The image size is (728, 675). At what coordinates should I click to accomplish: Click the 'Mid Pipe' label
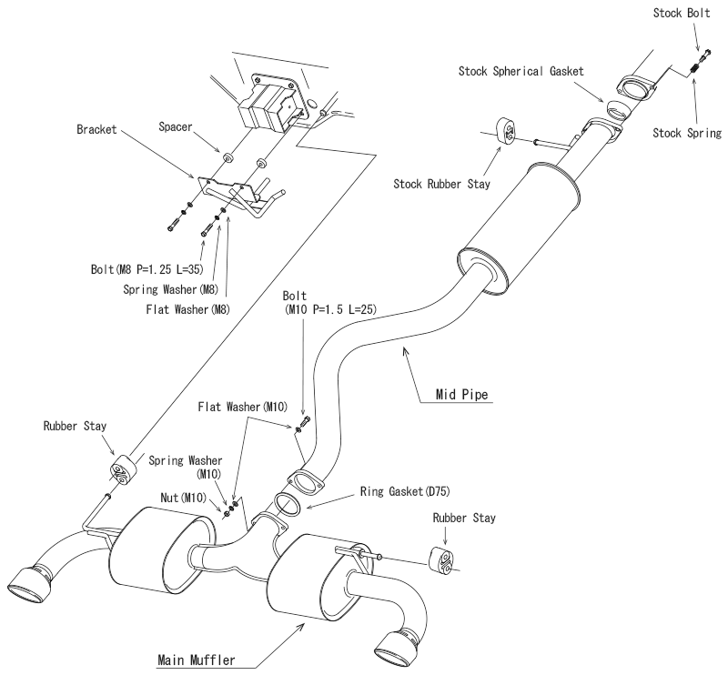tap(461, 395)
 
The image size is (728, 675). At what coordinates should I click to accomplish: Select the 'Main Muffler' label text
tap(197, 660)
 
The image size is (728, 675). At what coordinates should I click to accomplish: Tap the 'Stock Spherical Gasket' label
tap(521, 71)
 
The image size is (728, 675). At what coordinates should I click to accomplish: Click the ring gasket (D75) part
tap(288, 505)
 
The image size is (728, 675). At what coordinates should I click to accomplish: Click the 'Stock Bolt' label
tap(682, 13)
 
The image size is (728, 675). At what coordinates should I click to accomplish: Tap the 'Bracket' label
tap(96, 129)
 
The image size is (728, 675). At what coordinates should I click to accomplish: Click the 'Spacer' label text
tap(175, 126)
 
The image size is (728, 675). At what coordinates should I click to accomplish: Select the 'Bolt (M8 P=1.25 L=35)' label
tap(147, 269)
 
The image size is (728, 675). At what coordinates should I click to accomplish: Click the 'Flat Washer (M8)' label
tap(187, 309)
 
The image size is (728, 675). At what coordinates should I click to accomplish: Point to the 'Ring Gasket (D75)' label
tap(405, 491)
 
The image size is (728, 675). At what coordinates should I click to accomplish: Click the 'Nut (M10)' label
tap(183, 498)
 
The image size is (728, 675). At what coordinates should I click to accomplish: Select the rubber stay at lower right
tap(440, 559)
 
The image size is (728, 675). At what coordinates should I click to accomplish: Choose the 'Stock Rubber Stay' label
tap(441, 185)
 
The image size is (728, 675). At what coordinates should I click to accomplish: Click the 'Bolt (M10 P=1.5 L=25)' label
tap(329, 302)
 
